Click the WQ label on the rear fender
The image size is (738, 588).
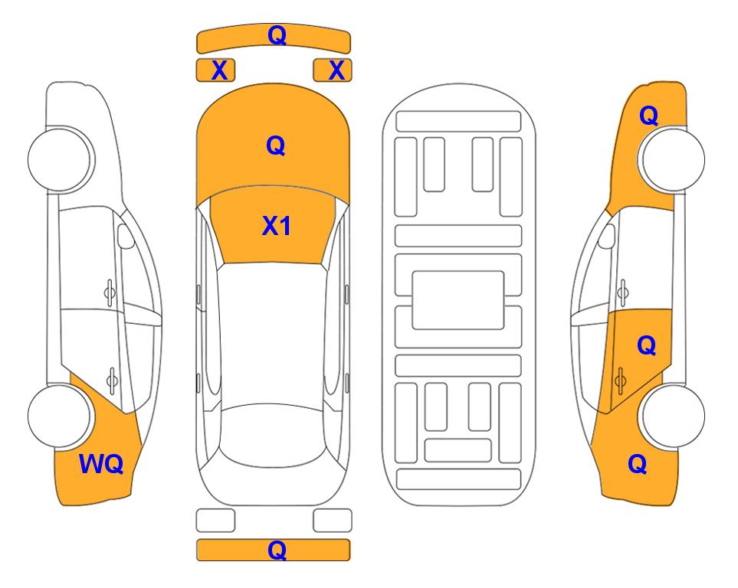tap(101, 464)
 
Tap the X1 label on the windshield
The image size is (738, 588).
tap(276, 226)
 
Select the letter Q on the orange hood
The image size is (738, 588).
tap(276, 145)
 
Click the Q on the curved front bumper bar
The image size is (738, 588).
tap(277, 34)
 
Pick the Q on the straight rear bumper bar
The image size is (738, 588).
tap(277, 550)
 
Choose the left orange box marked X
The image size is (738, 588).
tap(215, 70)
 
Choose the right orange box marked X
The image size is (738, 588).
tap(333, 70)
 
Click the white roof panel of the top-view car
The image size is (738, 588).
tap(272, 334)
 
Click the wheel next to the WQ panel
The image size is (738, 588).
tap(59, 416)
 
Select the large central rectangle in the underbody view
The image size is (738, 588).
tap(458, 300)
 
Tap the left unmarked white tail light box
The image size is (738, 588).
tap(215, 521)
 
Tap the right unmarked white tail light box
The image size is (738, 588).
tap(333, 521)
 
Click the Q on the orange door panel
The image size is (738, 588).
tap(646, 346)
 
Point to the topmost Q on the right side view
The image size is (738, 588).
tap(648, 116)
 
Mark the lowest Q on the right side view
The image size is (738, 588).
tap(638, 464)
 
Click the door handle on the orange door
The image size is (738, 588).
tap(620, 381)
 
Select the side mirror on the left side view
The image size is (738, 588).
tap(125, 236)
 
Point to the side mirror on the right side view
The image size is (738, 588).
tap(607, 236)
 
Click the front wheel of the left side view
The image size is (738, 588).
tap(59, 159)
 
